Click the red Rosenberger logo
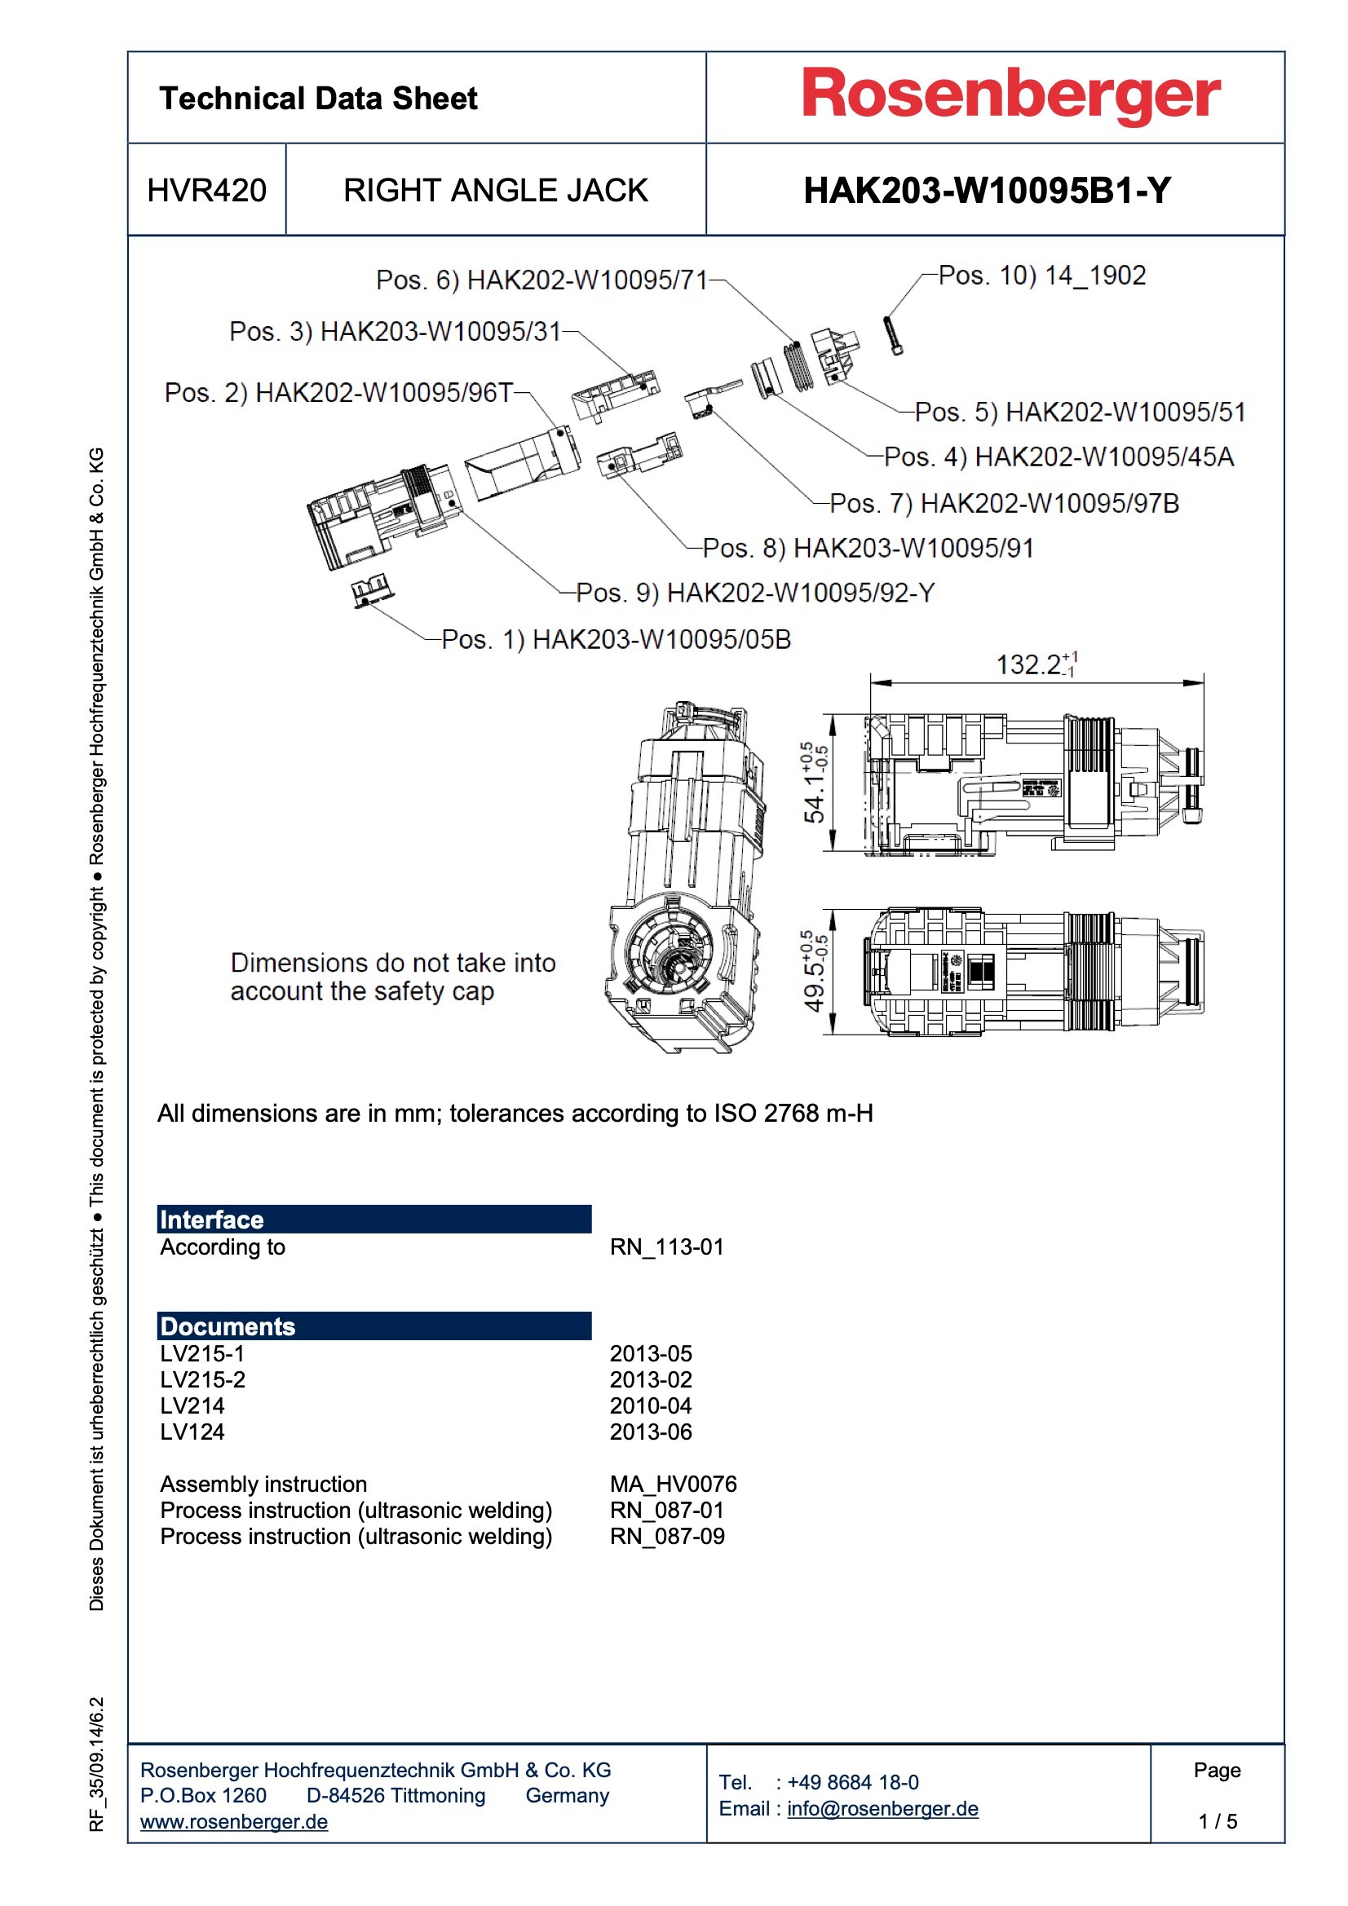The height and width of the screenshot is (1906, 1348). (x=1010, y=95)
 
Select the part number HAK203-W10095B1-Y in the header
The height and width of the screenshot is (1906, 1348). (x=987, y=191)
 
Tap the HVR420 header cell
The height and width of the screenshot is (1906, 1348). (x=207, y=191)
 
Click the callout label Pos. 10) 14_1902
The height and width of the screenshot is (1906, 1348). (x=1041, y=276)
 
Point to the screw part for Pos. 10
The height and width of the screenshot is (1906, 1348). (x=894, y=336)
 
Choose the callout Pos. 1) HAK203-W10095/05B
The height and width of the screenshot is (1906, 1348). (x=616, y=639)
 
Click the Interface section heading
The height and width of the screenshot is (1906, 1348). (x=212, y=1220)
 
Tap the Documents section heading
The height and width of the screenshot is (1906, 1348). (x=228, y=1326)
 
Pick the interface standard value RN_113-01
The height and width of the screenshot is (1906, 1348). (x=666, y=1246)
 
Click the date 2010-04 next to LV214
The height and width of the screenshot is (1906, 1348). (x=650, y=1405)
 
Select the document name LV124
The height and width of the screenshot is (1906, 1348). (x=192, y=1432)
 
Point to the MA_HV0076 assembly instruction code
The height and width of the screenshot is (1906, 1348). (x=673, y=1484)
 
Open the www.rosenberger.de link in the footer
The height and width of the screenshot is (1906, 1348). (x=233, y=1821)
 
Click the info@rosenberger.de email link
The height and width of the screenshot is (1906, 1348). (x=882, y=1808)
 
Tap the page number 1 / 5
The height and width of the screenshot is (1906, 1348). (x=1217, y=1821)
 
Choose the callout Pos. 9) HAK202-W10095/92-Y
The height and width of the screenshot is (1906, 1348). (x=755, y=593)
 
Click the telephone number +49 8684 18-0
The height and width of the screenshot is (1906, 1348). (x=852, y=1782)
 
